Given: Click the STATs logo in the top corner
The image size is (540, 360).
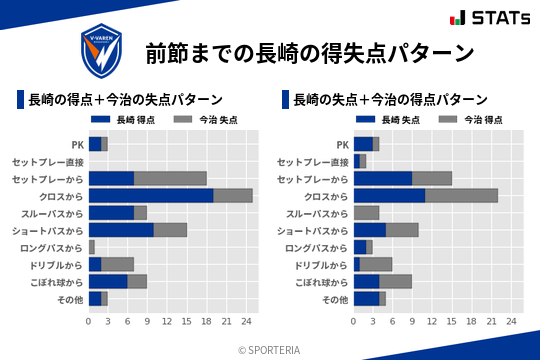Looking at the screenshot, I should (489, 17).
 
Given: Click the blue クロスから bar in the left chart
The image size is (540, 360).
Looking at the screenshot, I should (151, 195).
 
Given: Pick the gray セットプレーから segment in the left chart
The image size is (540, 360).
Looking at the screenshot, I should (170, 178).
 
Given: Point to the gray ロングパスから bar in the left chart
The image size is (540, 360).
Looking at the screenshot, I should (92, 247).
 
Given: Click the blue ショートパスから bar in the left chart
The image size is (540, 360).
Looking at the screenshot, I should (121, 230).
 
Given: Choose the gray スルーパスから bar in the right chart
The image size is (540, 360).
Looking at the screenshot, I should (367, 213).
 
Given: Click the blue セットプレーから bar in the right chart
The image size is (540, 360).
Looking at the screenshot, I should (383, 178).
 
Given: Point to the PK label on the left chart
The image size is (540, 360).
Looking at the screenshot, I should (77, 144).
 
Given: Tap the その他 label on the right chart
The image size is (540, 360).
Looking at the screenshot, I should (335, 299).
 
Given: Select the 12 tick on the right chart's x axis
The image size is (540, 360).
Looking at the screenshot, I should (432, 321).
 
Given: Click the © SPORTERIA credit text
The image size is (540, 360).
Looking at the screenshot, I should (270, 349).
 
